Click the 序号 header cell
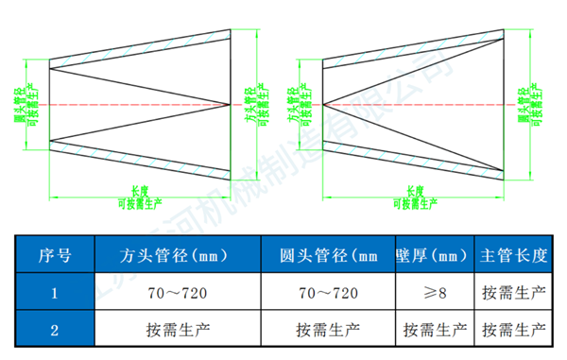55,255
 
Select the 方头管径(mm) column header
178,255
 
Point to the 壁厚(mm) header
435,255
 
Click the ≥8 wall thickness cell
435,293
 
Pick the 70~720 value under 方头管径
178,293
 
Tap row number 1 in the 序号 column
55,293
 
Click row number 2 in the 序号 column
55,330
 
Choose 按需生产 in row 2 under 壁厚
435,330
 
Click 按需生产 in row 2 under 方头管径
178,330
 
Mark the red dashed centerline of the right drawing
416,103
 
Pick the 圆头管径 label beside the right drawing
523,103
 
